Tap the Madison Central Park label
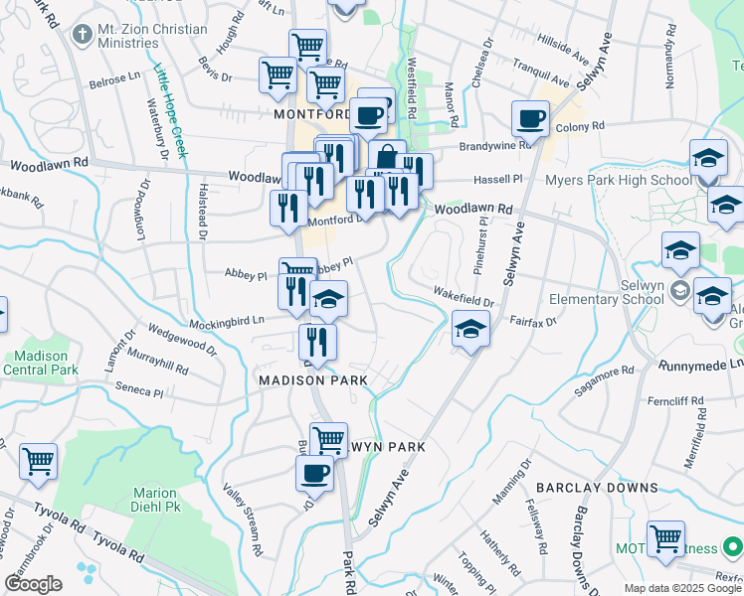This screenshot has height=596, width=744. [x=41, y=363]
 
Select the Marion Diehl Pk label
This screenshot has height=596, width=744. [x=153, y=500]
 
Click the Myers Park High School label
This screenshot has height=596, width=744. [x=618, y=180]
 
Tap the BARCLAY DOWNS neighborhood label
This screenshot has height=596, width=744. [x=597, y=488]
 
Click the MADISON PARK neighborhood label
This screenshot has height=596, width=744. [x=312, y=380]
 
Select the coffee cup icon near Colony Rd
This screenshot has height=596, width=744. [x=530, y=119]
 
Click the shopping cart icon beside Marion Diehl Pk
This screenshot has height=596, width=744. [x=38, y=460]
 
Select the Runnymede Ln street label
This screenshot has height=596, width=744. [x=700, y=366]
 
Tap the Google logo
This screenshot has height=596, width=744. [x=33, y=584]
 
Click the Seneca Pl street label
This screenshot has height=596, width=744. [x=138, y=391]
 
